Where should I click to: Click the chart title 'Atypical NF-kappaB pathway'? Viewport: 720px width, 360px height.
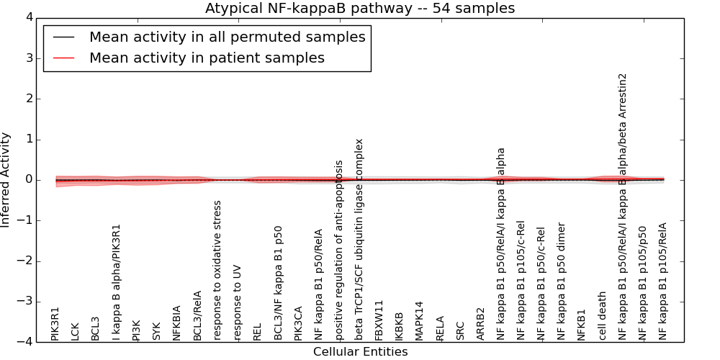pos(360,9)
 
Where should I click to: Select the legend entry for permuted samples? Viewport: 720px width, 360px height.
pos(227,37)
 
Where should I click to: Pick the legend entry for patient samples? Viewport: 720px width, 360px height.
pos(207,58)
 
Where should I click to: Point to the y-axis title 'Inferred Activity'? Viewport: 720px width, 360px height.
pos(6,179)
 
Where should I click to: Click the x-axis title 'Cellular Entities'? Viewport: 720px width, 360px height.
pos(360,352)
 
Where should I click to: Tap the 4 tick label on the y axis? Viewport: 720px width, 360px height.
pos(29,17)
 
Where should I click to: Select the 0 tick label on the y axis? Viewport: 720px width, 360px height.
pos(29,180)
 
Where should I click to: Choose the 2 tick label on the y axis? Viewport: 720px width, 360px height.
pos(29,99)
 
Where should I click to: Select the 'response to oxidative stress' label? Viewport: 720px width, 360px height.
pos(217,270)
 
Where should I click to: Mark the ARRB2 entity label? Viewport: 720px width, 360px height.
pos(481,324)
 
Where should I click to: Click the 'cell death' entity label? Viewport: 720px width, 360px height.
pos(603,315)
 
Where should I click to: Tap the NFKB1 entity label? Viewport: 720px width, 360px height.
pos(582,325)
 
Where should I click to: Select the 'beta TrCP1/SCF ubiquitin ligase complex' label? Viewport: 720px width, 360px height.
pos(359,239)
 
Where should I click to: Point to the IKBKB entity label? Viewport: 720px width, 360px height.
pos(400,325)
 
